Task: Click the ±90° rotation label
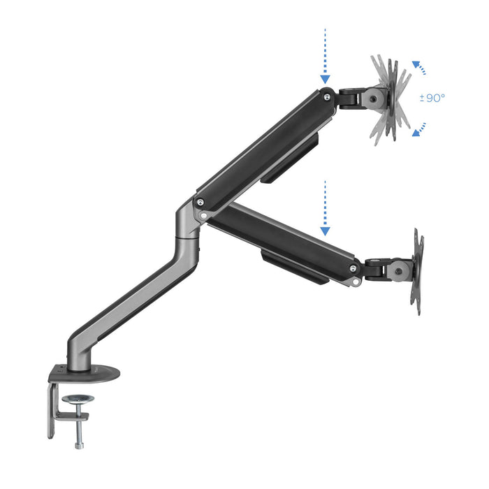432,98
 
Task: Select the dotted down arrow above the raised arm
326,57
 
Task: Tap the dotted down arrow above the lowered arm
325,207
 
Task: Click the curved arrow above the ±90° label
419,68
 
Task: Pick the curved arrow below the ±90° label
419,129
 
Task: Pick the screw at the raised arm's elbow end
201,203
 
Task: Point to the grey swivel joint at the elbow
187,224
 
